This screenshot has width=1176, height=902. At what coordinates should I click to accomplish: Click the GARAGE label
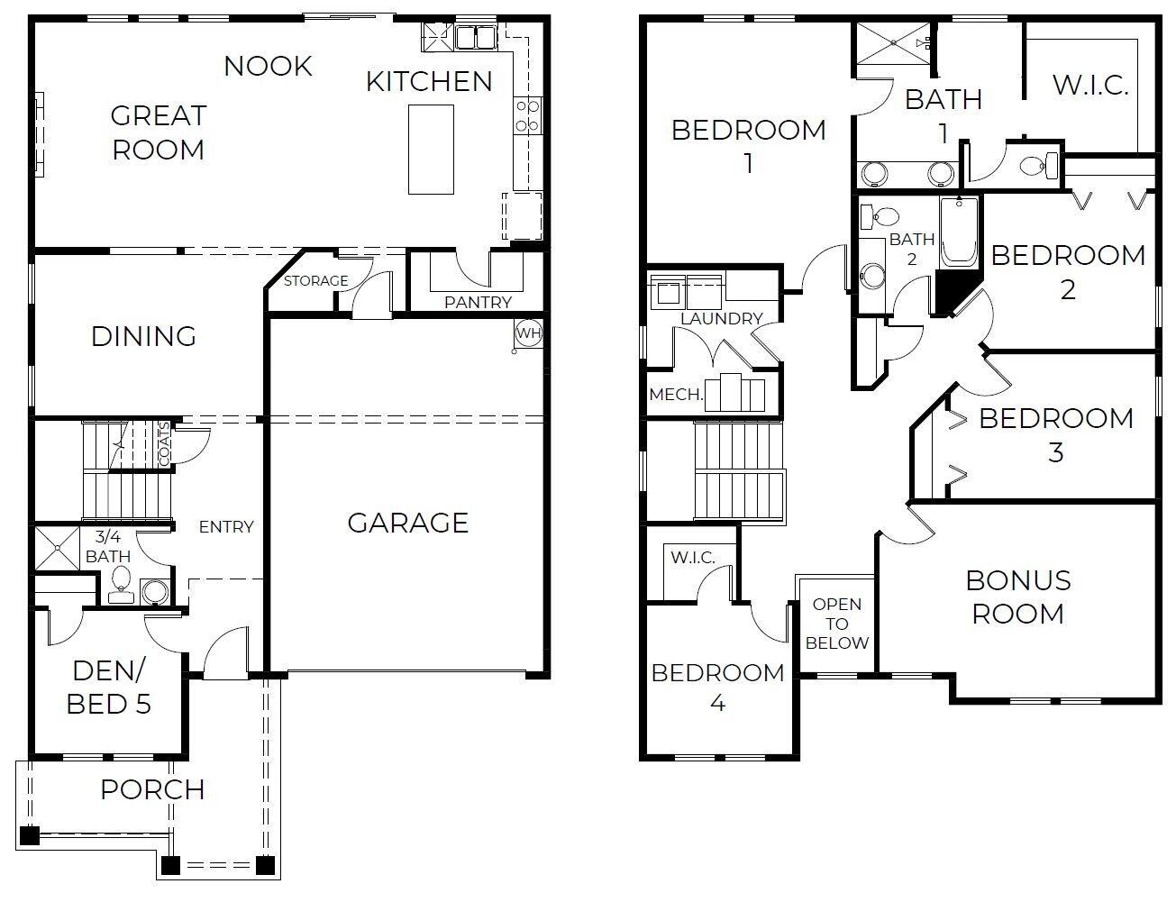coord(407,523)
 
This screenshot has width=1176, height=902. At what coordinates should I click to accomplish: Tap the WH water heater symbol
coord(528,333)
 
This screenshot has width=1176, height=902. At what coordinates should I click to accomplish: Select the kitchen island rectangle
coord(431,149)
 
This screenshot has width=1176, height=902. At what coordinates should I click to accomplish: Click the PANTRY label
coord(478,303)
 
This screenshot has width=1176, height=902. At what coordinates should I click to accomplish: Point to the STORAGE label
coord(315,281)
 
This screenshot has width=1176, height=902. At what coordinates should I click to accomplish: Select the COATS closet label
coord(164,444)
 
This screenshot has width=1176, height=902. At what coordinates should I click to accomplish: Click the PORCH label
coord(152,789)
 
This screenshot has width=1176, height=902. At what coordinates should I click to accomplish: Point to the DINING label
coord(143,336)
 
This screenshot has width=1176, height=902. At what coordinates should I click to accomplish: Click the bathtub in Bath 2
coord(959,232)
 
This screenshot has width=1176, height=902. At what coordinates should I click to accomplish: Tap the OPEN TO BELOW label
coord(836,624)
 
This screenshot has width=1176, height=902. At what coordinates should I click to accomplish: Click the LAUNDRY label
coord(721,318)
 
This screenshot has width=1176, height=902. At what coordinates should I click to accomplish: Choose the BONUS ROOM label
coord(1017,597)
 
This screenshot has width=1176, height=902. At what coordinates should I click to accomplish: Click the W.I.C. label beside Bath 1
coord(1090,86)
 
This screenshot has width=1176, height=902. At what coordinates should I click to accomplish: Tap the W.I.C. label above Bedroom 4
coord(692,558)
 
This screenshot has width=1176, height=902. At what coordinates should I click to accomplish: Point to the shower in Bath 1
coord(892,42)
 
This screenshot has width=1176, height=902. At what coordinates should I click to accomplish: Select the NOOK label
coord(268,66)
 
